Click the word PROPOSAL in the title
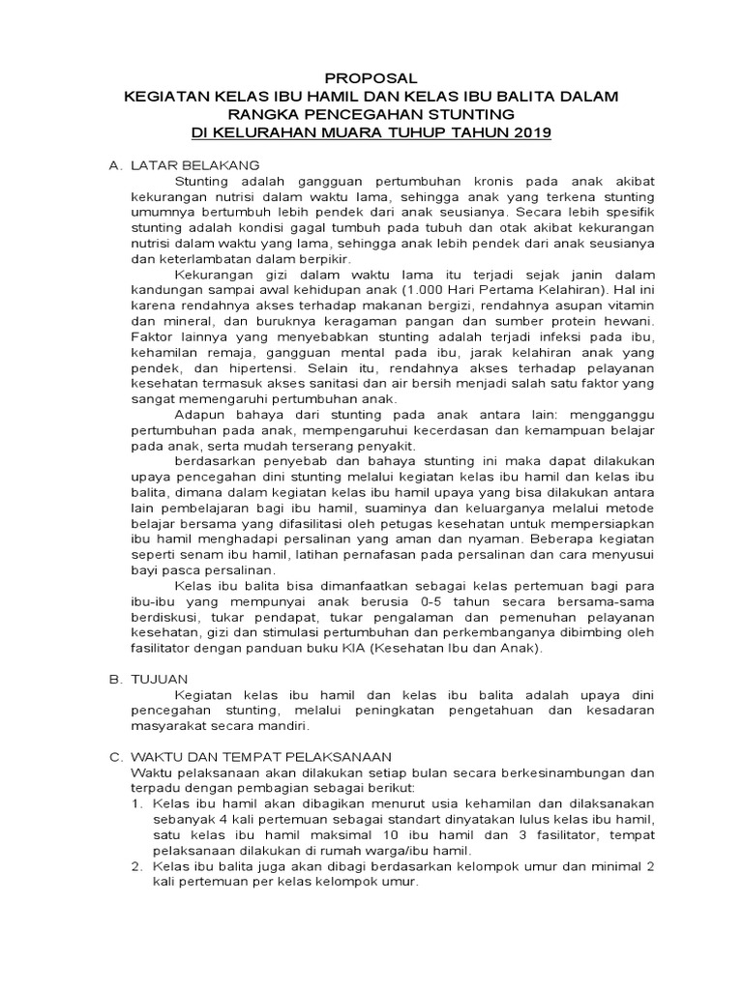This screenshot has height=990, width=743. click(x=371, y=78)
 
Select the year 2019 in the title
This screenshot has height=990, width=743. click(x=530, y=131)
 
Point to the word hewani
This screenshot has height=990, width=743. click(x=631, y=322)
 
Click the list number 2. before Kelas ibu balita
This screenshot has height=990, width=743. click(x=136, y=867)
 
